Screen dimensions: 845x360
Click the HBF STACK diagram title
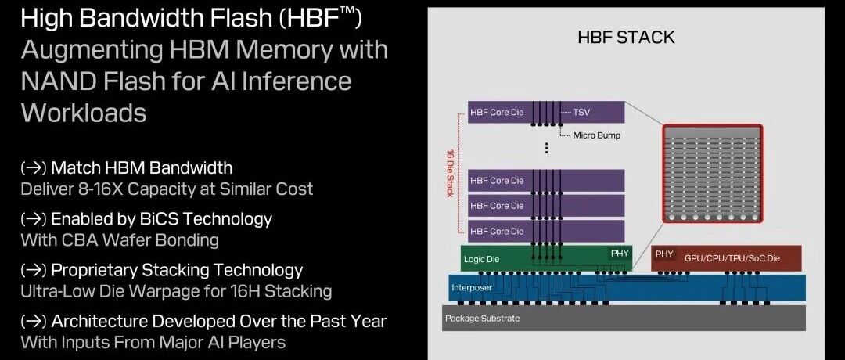pos(626,38)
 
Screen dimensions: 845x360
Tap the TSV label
pos(581,112)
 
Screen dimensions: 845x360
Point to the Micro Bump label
pos(596,135)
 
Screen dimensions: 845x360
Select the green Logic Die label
pos(481,259)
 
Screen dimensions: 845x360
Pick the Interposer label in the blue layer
pos(472,288)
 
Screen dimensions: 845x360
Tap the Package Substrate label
pos(482,319)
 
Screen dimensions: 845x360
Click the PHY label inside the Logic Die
pos(619,253)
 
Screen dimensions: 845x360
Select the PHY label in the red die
pos(664,254)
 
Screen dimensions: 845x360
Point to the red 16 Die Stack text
pos(449,174)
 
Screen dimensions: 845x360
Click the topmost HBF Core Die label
pos(497,112)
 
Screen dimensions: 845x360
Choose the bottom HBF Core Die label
pos(497,231)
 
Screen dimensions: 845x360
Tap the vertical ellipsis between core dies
pos(546,148)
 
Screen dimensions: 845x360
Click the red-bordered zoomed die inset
pos(713,174)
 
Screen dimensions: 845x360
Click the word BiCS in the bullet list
pos(157,219)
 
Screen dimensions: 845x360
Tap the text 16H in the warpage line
pos(253,292)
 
